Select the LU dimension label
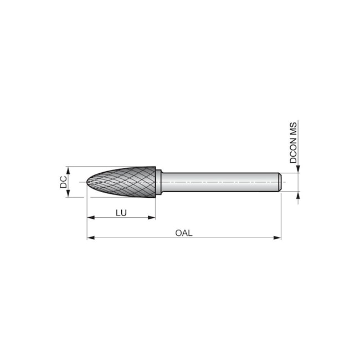(121, 213)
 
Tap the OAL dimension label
(183, 233)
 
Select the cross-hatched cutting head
(125, 182)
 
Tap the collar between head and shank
(158, 182)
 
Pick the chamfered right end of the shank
(280, 182)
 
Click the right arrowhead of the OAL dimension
(277, 238)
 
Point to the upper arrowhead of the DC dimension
(69, 169)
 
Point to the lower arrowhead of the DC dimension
(69, 194)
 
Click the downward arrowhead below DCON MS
(298, 169)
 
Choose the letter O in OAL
(178, 233)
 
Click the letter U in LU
(124, 213)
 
